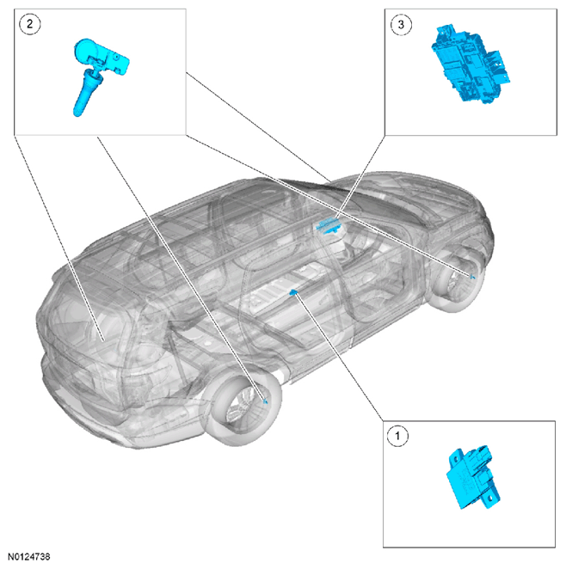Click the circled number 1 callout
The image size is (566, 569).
(397, 436)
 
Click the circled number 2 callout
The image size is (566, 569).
(30, 24)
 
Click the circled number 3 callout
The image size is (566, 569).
(401, 24)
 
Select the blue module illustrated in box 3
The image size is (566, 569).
(471, 64)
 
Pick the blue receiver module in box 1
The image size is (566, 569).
(473, 477)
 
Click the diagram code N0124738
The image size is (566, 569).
(28, 556)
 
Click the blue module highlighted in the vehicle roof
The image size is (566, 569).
(329, 225)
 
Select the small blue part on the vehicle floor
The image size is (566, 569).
(293, 291)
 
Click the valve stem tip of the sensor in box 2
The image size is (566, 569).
(77, 113)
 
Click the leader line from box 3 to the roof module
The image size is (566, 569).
(361, 177)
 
